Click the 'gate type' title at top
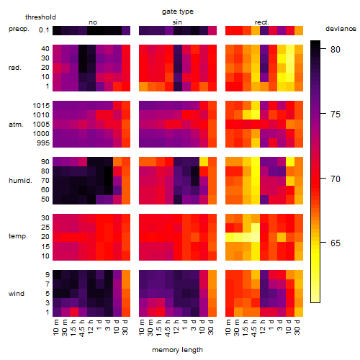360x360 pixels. tap(178, 12)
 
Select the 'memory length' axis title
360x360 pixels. tap(177, 350)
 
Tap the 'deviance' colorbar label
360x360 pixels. tap(341, 29)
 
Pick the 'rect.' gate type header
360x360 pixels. tap(262, 22)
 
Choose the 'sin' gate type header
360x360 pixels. tap(177, 22)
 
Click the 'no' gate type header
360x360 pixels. tap(93, 22)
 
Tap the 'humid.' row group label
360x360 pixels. tap(20, 181)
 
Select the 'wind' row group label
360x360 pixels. tap(17, 294)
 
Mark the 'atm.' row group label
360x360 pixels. tap(16, 125)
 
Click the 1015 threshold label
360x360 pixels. tap(41, 106)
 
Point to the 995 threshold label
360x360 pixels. tap(43, 143)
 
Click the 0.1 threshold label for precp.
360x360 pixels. tap(44, 30)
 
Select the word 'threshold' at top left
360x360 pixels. tap(40, 17)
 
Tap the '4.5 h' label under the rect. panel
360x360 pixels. tap(253, 328)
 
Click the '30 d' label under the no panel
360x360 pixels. tap(125, 327)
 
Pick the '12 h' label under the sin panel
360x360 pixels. tap(176, 327)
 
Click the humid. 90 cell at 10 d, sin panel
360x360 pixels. tap(204, 162)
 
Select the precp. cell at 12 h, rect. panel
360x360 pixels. tap(264, 30)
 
